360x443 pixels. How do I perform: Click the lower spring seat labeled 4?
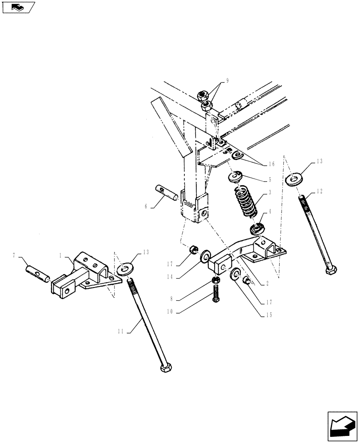coord(256,229)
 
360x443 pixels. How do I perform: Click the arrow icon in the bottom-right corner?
coord(342,426)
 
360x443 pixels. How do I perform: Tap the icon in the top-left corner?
coord(18,8)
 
